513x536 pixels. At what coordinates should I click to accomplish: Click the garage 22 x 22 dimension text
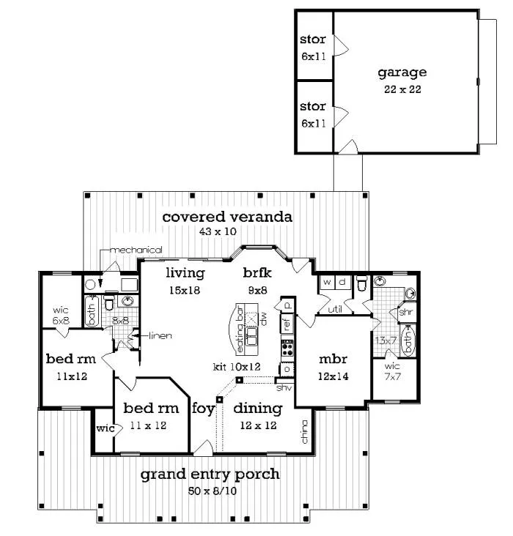(402, 89)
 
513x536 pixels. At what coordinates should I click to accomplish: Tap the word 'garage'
(402, 73)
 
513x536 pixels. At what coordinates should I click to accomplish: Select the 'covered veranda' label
(227, 217)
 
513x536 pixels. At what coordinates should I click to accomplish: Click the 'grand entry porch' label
(210, 474)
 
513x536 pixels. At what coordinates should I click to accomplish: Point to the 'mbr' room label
(333, 360)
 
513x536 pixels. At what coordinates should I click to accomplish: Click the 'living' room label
(185, 273)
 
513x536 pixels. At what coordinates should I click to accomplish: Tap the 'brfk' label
(257, 273)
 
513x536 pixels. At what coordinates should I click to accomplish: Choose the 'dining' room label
(258, 408)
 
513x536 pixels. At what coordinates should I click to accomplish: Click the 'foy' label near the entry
(203, 409)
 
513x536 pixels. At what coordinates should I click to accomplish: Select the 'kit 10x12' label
(237, 367)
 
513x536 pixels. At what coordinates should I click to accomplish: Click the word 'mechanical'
(136, 250)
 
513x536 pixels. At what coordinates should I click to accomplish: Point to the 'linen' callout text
(160, 335)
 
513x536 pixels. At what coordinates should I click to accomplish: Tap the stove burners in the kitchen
(287, 349)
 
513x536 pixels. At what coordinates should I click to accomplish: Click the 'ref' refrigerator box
(287, 323)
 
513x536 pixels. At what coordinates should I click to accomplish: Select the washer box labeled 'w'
(327, 282)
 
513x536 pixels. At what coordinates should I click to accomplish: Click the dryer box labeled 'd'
(342, 282)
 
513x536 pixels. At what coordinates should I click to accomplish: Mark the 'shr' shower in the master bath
(407, 312)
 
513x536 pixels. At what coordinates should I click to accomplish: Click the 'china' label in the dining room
(304, 432)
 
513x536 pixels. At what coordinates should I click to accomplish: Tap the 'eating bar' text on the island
(240, 330)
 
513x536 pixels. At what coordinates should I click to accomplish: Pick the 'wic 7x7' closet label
(392, 371)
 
